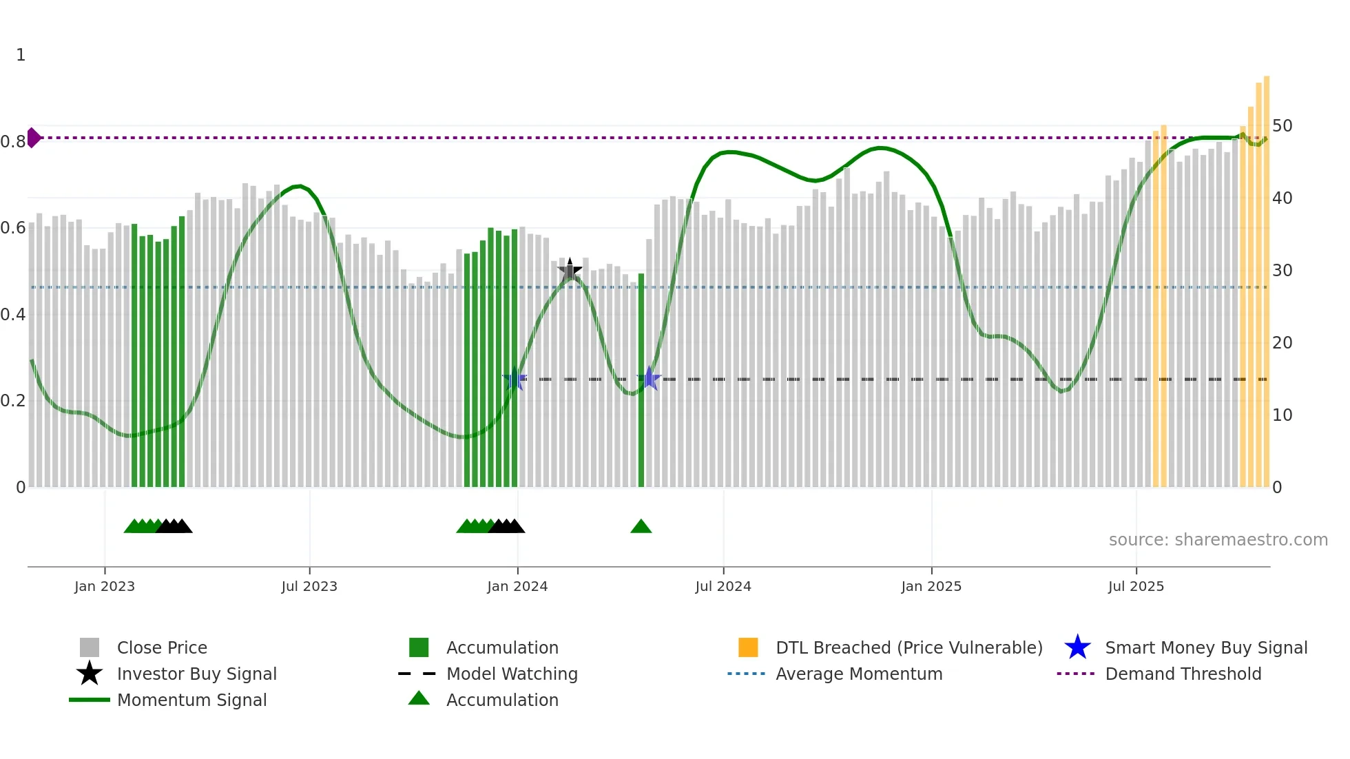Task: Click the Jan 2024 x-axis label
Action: pyautogui.click(x=517, y=586)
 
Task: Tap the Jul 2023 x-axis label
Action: pyautogui.click(x=309, y=586)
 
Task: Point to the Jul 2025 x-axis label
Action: pyautogui.click(x=1136, y=586)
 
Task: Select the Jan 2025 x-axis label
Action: pyautogui.click(x=931, y=586)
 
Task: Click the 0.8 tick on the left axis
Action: pyautogui.click(x=13, y=142)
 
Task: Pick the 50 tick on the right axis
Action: pyautogui.click(x=1282, y=126)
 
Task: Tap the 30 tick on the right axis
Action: pyautogui.click(x=1282, y=271)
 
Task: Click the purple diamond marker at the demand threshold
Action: pyautogui.click(x=33, y=138)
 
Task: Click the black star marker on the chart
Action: pyautogui.click(x=570, y=271)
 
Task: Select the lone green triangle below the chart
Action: pyautogui.click(x=641, y=527)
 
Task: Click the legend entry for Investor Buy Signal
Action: pyautogui.click(x=196, y=674)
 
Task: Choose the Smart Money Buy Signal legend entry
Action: pyautogui.click(x=1205, y=647)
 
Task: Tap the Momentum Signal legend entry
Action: pyautogui.click(x=191, y=700)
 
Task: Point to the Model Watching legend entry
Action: pyautogui.click(x=512, y=674)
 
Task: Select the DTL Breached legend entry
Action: pyautogui.click(x=908, y=647)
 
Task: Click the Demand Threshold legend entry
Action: pyautogui.click(x=1183, y=674)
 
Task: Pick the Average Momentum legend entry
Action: pyautogui.click(x=858, y=674)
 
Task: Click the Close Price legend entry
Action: pyautogui.click(x=162, y=647)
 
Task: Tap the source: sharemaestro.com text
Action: pyautogui.click(x=1218, y=540)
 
